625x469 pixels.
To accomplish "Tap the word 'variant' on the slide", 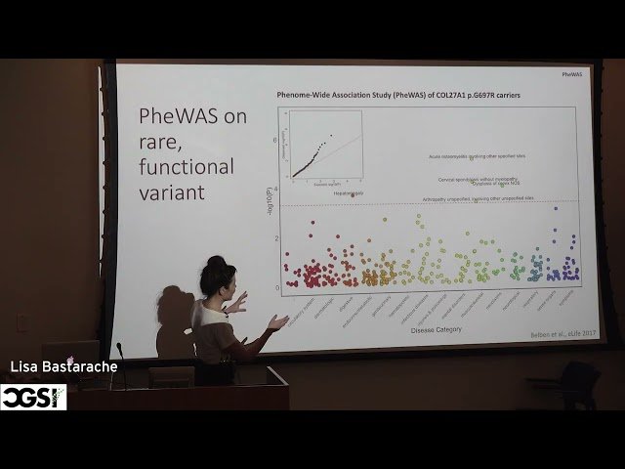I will tap(171, 192).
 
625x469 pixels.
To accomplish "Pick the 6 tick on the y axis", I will tap(276, 140).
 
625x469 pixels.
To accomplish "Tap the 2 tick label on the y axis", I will tap(276, 238).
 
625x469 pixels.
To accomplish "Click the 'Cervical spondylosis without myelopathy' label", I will tap(478, 179).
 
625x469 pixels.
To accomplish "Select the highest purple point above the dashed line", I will tap(556, 208).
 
